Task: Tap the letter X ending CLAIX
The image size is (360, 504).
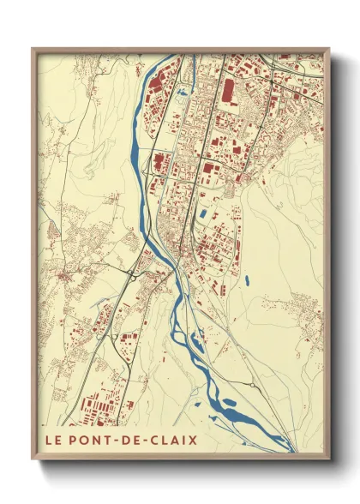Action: [x=193, y=441]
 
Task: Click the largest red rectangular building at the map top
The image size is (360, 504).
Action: [x=228, y=90]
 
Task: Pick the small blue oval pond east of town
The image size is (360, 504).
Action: [x=246, y=279]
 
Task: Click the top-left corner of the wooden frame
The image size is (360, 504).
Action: [x=33, y=49]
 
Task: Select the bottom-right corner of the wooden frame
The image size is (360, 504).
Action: [x=327, y=457]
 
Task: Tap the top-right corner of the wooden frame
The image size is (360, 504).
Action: [x=327, y=49]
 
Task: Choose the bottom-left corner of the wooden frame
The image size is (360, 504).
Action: [x=33, y=457]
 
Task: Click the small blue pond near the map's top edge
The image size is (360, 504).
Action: [x=182, y=91]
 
